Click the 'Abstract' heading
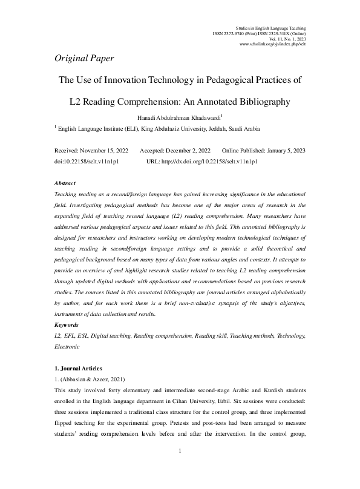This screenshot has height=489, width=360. (65, 183)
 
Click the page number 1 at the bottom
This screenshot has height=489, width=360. (180, 469)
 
